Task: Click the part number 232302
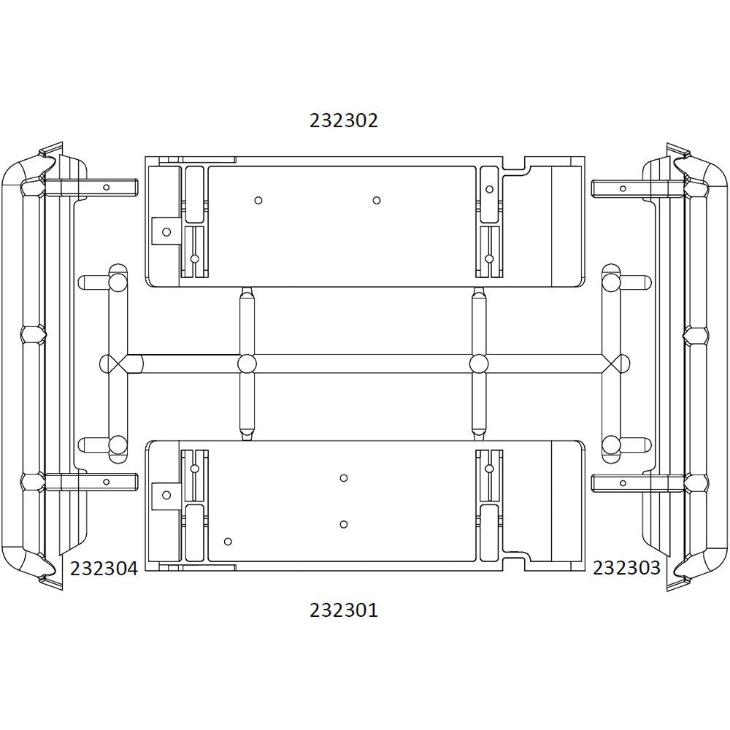click(344, 120)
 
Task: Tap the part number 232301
click(344, 610)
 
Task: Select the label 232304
click(104, 569)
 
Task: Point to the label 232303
click(626, 567)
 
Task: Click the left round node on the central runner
click(247, 364)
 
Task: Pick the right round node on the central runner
click(479, 364)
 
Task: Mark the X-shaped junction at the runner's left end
click(111, 364)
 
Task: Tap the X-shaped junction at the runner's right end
click(619, 364)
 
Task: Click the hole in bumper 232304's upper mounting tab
click(107, 187)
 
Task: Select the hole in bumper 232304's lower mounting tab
click(107, 482)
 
